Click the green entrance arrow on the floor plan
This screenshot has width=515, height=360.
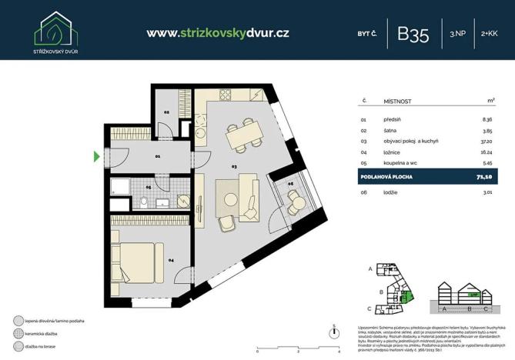[96, 157]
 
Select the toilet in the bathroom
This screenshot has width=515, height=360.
[144, 203]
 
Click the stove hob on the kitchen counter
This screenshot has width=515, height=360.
[226, 95]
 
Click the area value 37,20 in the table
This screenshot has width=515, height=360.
[486, 142]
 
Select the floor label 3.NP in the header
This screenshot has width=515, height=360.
[457, 34]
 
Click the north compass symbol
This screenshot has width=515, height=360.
[333, 333]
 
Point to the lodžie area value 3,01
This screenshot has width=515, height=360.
[487, 194]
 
